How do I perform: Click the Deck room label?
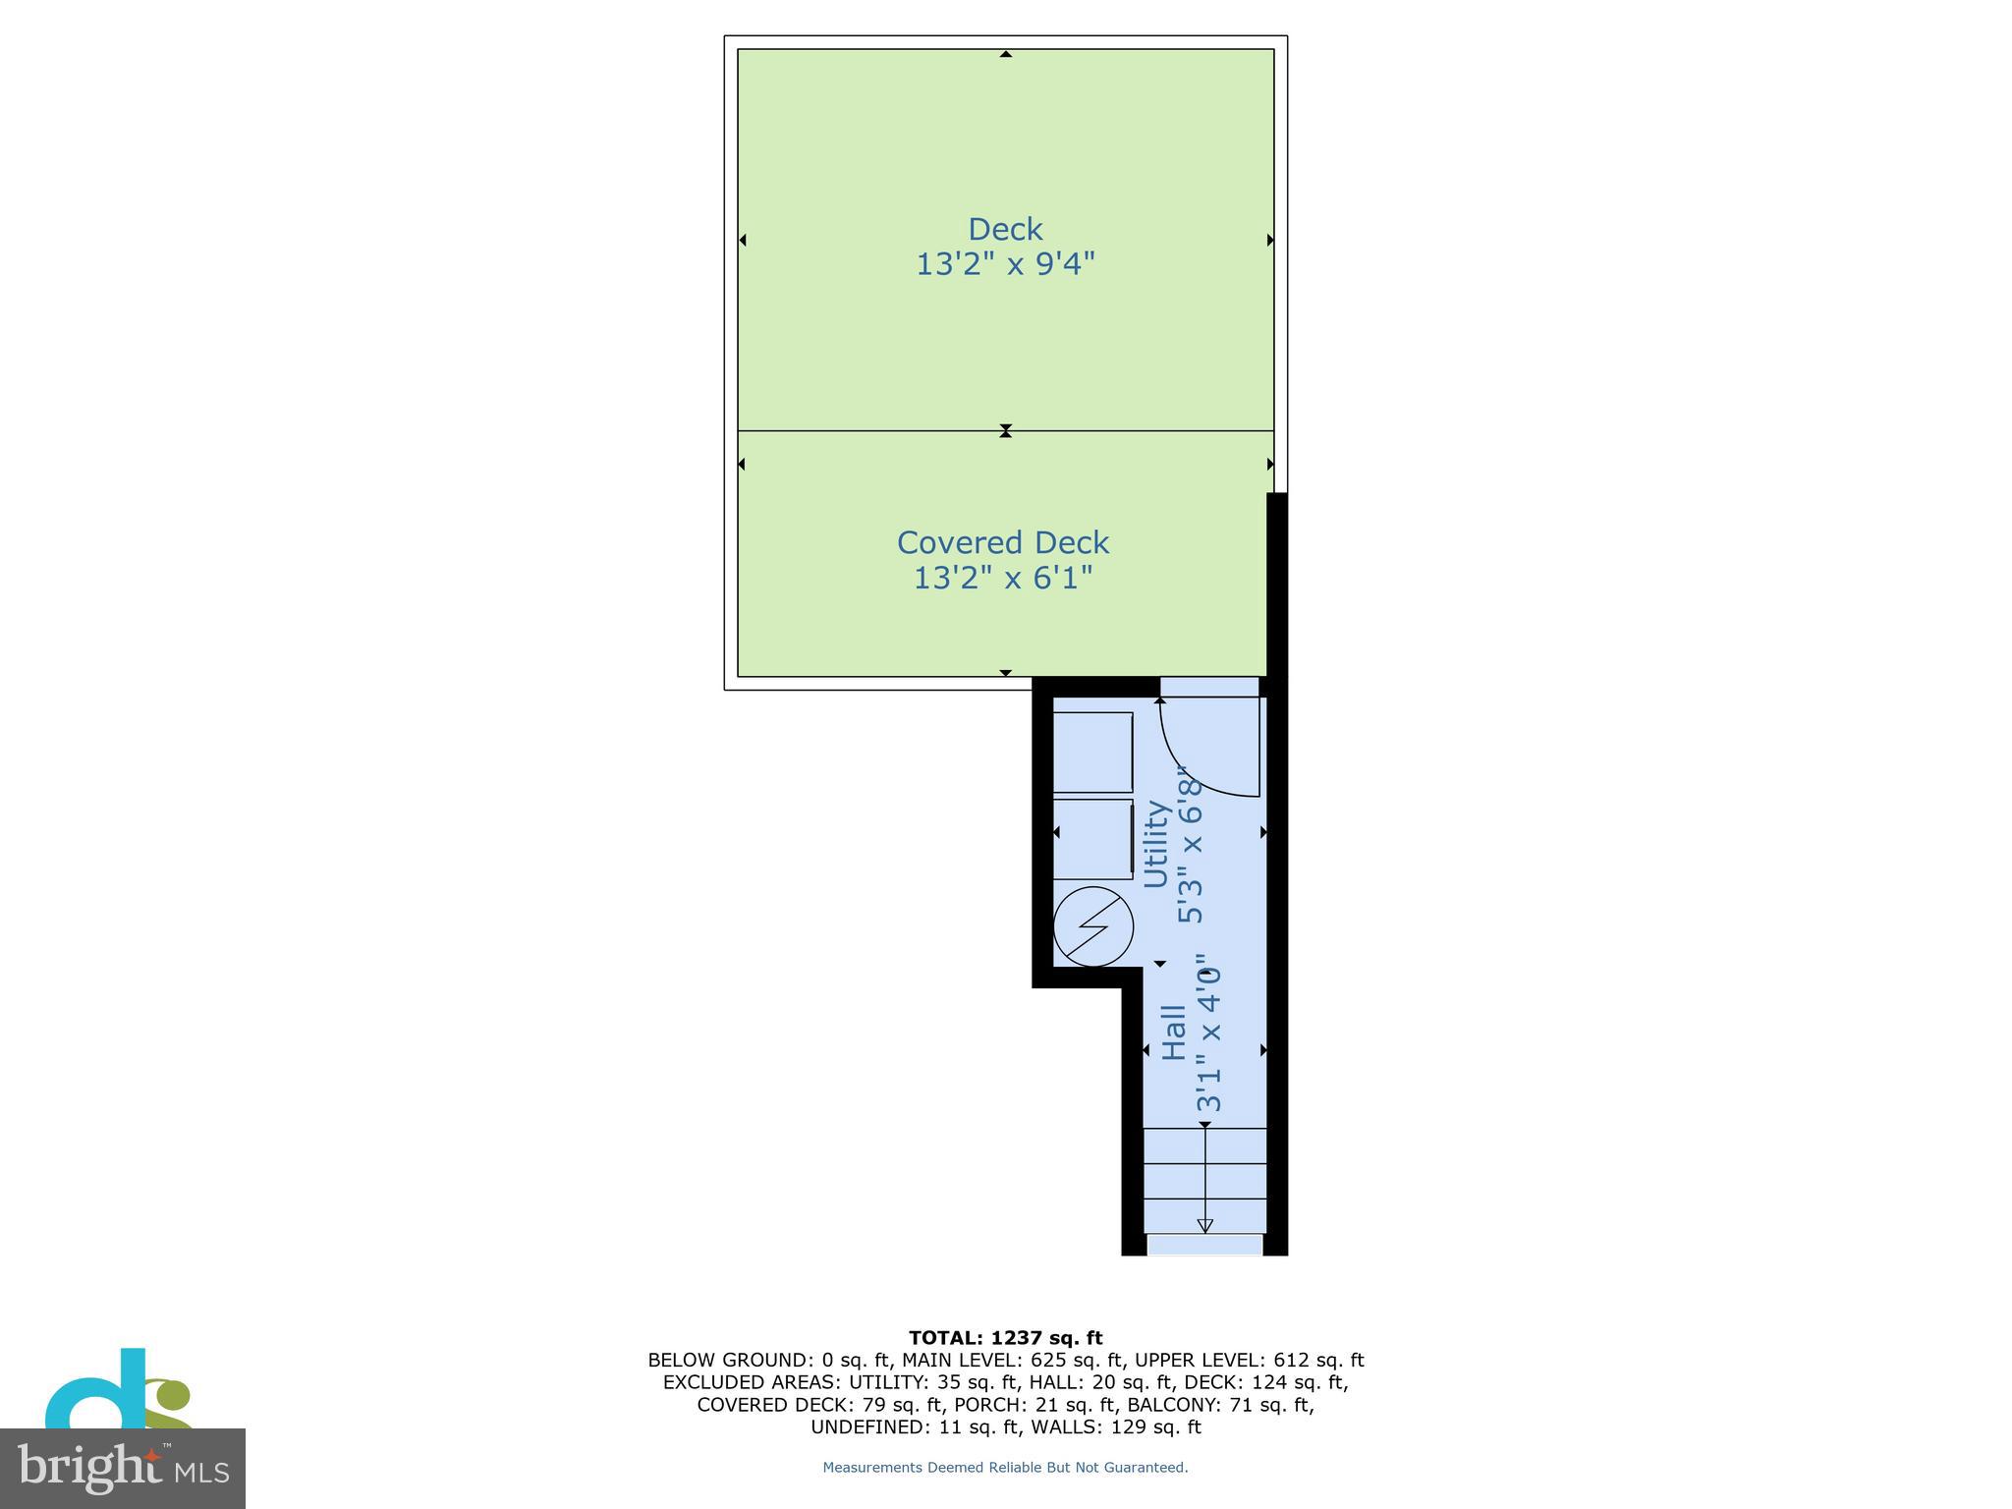point(1005,229)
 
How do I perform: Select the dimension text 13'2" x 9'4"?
point(1005,264)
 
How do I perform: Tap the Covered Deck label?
point(1003,542)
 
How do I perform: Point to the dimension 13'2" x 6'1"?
point(1003,578)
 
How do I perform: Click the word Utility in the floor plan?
point(1156,844)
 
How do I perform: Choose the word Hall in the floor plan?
point(1174,1032)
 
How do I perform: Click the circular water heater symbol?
point(1093,926)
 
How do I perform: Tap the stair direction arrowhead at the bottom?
point(1205,1225)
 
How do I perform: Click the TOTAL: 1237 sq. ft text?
point(1005,1338)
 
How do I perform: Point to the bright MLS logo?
point(123,1468)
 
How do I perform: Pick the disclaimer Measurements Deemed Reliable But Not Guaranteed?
point(1005,1468)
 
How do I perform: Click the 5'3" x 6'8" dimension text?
point(1190,845)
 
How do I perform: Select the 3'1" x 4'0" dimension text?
point(1208,1032)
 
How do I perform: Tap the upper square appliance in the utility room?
point(1092,753)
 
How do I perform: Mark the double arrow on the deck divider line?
point(1005,430)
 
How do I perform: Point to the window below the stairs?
point(1205,1246)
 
